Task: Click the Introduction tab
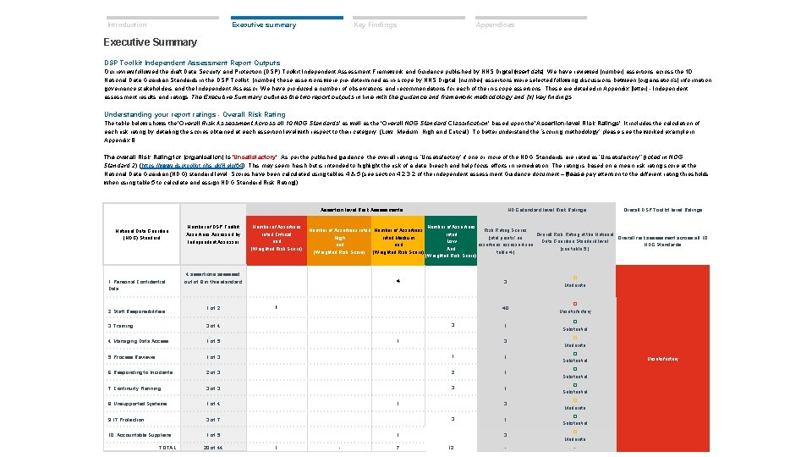[127, 25]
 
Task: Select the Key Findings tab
[375, 25]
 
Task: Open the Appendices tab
[495, 25]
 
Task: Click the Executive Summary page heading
[150, 42]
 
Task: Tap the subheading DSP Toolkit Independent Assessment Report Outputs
[192, 63]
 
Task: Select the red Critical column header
[276, 238]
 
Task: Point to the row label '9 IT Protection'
[126, 420]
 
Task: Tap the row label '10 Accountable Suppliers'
[140, 435]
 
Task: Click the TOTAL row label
[167, 447]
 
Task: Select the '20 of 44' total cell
[214, 447]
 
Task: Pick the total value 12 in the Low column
[452, 447]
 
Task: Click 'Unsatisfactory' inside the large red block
[661, 359]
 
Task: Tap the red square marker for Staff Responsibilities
[574, 304]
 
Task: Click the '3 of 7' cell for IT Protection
[214, 420]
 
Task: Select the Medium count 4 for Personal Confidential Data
[398, 280]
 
